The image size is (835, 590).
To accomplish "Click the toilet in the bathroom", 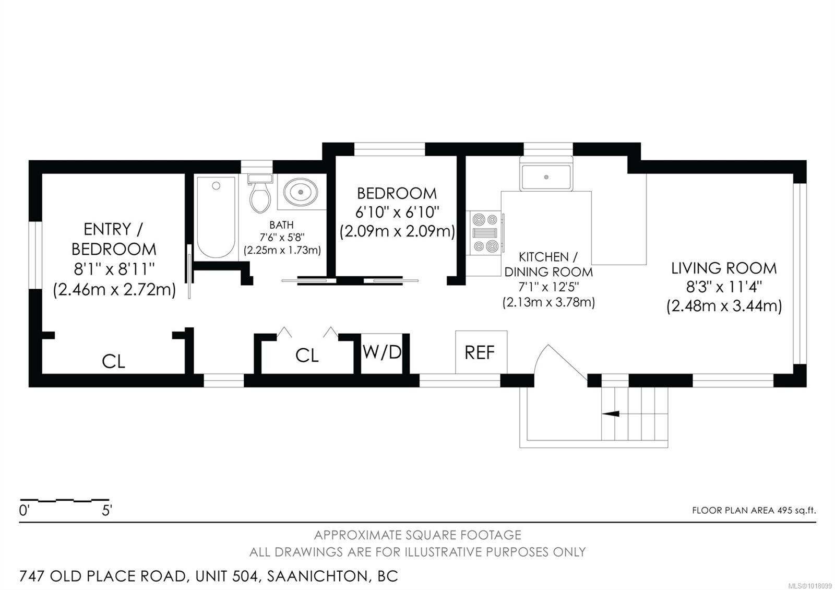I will [x=260, y=195].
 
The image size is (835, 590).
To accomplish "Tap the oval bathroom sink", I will [x=302, y=192].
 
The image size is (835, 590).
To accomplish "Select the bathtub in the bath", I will [x=216, y=217].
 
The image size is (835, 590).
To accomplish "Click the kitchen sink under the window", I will [x=546, y=177].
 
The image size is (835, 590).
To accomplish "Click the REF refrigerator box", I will [x=480, y=352].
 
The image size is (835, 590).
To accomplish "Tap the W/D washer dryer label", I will [x=382, y=352].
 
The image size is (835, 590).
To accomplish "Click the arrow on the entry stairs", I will [x=611, y=414].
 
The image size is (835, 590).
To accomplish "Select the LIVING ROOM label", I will [x=724, y=268].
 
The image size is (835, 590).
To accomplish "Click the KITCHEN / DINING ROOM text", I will [x=548, y=264].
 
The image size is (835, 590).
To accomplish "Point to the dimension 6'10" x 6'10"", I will [x=397, y=212].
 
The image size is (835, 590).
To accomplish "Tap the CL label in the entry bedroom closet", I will [x=113, y=361].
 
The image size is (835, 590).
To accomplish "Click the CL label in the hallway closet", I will [x=307, y=356].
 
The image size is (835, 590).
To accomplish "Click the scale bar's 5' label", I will [x=106, y=511].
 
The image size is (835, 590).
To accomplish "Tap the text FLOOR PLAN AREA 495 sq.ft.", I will [x=753, y=511].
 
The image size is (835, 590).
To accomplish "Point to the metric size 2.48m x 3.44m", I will [x=724, y=306].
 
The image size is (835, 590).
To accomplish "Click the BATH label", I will [x=281, y=225].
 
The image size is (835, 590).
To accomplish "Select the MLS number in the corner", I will [x=814, y=586].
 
